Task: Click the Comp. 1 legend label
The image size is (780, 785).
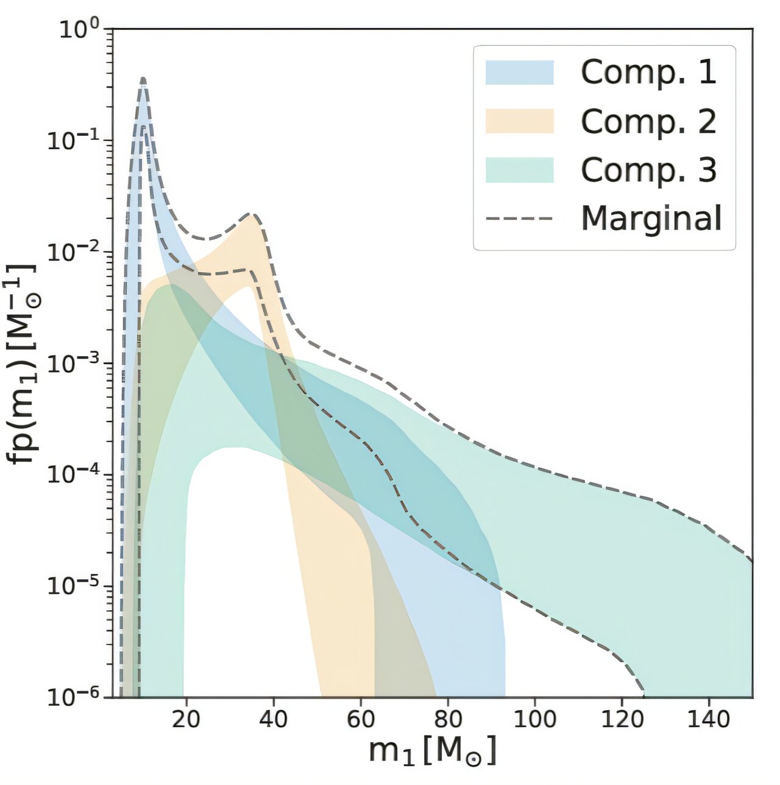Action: pos(648,72)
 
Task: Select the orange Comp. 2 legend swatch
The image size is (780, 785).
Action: pos(519,121)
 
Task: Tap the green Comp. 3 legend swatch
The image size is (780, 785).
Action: pos(519,170)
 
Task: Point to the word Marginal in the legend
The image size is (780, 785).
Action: pos(651,219)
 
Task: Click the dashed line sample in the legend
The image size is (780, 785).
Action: pos(519,219)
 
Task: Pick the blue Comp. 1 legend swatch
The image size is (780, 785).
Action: pos(519,72)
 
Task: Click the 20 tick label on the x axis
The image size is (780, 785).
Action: pos(186,719)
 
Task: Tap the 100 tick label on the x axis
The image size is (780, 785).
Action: pos(534,719)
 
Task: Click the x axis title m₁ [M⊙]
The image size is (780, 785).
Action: pos(433,751)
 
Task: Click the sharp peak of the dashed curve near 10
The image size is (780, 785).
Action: pos(143,79)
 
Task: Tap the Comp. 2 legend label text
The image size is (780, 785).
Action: pos(648,121)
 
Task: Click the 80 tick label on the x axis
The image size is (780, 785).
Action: pos(447,719)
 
